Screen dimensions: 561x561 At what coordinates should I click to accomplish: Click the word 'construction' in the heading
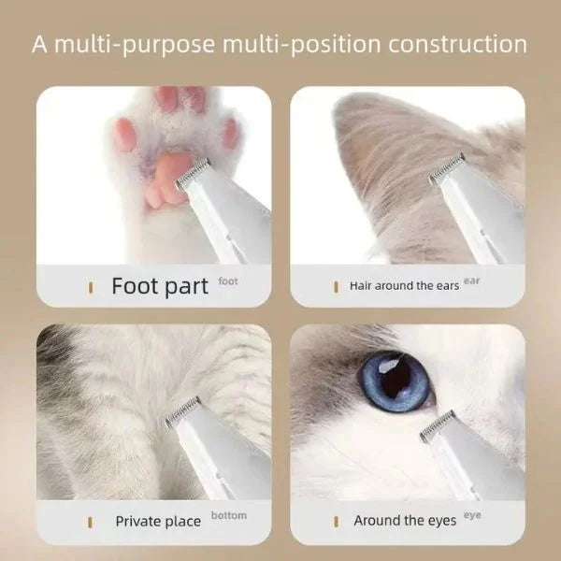(457, 44)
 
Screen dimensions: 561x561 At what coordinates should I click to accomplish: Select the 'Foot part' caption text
(160, 287)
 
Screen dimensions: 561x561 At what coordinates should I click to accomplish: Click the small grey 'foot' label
(228, 281)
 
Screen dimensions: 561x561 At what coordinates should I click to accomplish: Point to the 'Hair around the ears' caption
(404, 286)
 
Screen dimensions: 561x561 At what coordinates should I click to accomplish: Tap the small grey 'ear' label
(471, 280)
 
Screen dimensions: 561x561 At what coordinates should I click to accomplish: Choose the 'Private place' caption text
(158, 522)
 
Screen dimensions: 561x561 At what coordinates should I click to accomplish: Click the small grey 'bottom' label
(229, 515)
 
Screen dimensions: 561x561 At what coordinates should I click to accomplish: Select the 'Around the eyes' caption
(405, 521)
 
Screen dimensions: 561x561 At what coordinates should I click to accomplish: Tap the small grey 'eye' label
(472, 515)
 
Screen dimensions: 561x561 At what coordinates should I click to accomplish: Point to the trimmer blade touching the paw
(193, 174)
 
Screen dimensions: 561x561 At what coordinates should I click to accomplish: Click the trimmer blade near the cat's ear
(447, 168)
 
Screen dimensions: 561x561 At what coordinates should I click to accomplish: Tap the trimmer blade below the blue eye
(438, 425)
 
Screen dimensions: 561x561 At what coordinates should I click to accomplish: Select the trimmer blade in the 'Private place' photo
(183, 412)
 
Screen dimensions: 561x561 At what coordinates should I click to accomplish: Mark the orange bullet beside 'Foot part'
(91, 287)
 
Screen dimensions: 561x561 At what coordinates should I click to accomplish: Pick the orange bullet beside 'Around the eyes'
(336, 522)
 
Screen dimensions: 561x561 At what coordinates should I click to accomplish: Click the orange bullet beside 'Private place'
(90, 523)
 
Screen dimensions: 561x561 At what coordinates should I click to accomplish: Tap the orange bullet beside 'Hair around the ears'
(336, 287)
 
